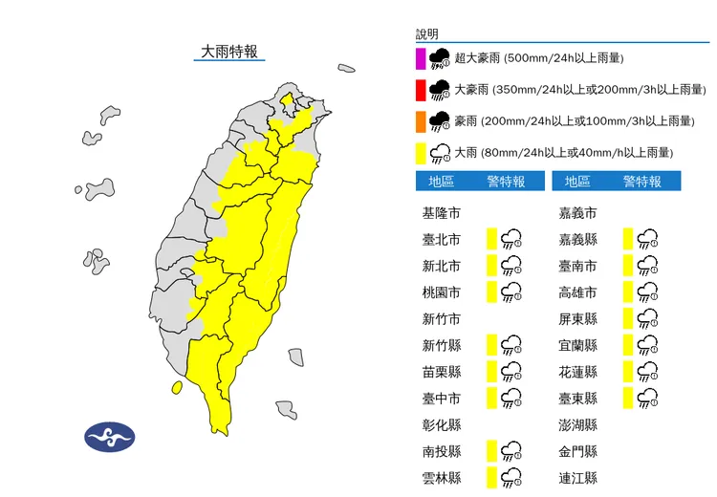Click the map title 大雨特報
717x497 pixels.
229,53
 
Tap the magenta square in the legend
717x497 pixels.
420,59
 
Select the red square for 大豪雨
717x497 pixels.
420,91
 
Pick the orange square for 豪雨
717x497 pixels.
420,121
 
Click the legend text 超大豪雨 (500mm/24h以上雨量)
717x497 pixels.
539,58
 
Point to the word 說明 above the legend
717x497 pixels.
426,34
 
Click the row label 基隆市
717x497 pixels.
441,212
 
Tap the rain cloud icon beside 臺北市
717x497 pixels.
512,239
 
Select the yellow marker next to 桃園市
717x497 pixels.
490,292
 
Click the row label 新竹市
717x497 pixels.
441,319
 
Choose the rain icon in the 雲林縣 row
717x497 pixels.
512,478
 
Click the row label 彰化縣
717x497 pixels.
441,425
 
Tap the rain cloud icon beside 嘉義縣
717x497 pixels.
648,239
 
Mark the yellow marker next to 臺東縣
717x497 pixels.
626,399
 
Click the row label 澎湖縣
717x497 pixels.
577,425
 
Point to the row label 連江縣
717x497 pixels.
577,478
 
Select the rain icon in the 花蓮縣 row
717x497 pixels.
648,372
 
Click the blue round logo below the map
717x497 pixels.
110,438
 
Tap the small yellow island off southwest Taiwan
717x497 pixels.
177,388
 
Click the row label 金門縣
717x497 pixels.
577,451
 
